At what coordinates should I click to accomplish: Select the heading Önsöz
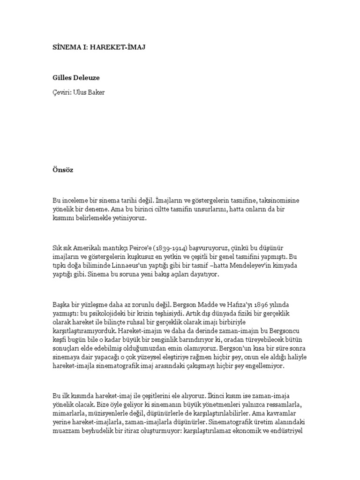click(63, 170)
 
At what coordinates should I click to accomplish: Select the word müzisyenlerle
click(115, 414)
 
